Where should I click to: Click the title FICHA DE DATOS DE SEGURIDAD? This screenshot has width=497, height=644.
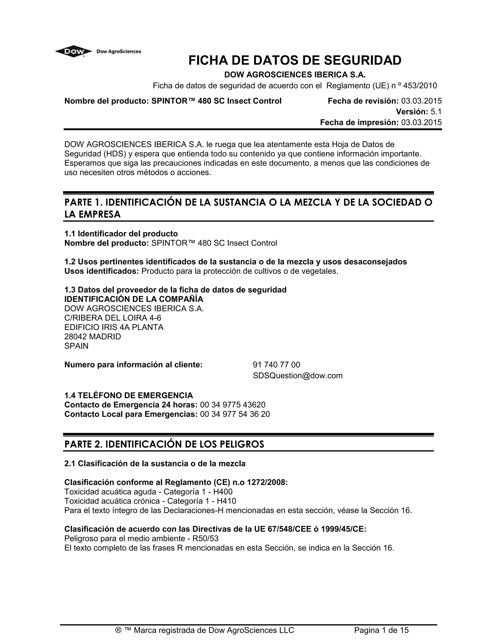pyautogui.click(x=295, y=61)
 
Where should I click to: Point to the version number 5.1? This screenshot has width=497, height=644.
pyautogui.click(x=436, y=112)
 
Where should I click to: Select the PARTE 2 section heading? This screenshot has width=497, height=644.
pyautogui.click(x=164, y=444)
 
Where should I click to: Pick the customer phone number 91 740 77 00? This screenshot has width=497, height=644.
pyautogui.click(x=276, y=365)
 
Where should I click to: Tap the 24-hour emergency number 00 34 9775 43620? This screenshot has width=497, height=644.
pyautogui.click(x=232, y=405)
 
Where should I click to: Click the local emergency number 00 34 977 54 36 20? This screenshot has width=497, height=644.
pyautogui.click(x=235, y=414)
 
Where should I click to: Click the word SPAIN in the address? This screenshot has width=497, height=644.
pyautogui.click(x=76, y=346)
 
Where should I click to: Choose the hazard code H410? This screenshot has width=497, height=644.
pyautogui.click(x=226, y=501)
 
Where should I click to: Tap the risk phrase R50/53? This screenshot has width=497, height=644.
pyautogui.click(x=205, y=539)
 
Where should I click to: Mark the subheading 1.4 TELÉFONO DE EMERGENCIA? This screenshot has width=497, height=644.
pyautogui.click(x=129, y=395)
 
